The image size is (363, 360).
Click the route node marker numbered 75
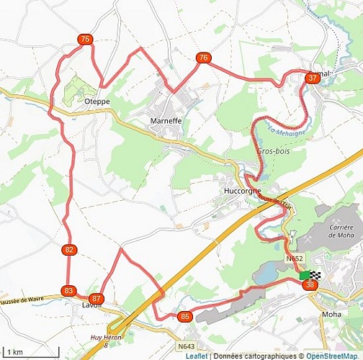click(x=86, y=40)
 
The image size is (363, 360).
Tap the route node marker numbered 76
click(x=204, y=58)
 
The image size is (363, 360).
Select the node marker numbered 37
click(x=312, y=78)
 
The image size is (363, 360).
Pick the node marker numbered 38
click(x=310, y=285)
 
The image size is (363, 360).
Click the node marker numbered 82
click(x=69, y=250)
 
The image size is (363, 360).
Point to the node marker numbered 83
click(x=69, y=290)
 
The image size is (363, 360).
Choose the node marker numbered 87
click(x=97, y=298)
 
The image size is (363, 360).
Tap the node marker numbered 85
click(x=186, y=316)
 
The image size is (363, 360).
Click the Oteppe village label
click(x=97, y=102)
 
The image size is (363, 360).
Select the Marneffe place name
click(x=166, y=121)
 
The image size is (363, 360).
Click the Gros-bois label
click(x=271, y=151)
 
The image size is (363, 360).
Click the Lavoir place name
click(x=81, y=305)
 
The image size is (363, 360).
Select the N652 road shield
click(x=294, y=258)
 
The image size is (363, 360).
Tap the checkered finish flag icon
click(x=315, y=275)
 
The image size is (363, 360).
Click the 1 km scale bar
click(x=30, y=351)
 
